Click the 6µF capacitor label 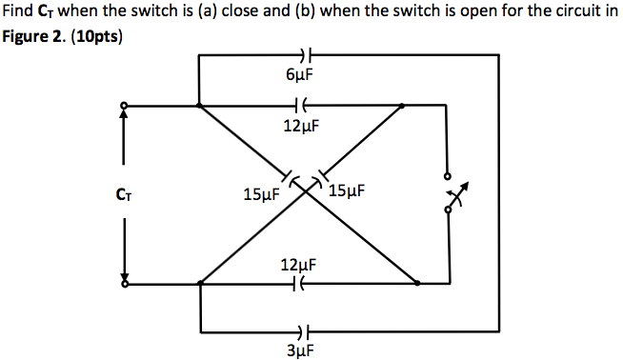pyautogui.click(x=302, y=73)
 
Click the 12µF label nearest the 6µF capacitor pyautogui.click(x=302, y=125)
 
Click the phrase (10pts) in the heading pyautogui.click(x=95, y=41)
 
